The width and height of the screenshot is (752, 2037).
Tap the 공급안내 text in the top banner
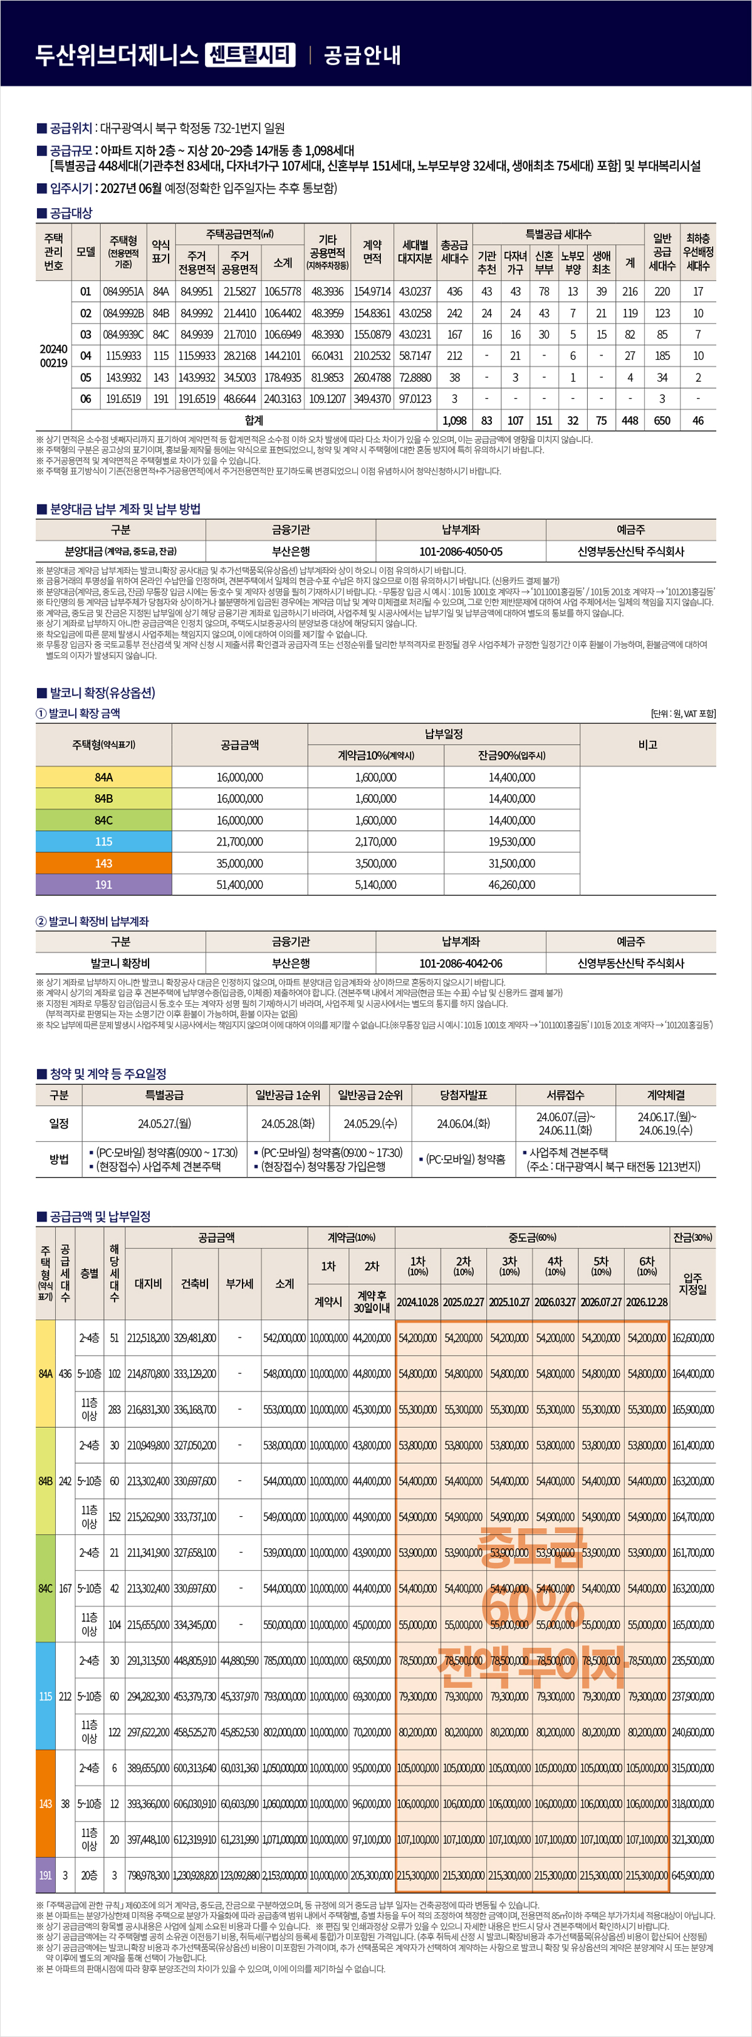[x=362, y=55]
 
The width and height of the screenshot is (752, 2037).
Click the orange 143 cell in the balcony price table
[x=103, y=862]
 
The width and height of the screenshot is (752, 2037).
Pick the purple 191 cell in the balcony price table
[x=103, y=884]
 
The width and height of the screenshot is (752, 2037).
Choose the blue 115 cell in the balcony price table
[x=103, y=841]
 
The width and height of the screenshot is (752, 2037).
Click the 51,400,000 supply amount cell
[x=239, y=884]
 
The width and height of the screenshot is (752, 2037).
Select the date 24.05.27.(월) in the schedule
[x=164, y=1123]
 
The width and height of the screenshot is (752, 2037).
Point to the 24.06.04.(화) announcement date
[x=463, y=1123]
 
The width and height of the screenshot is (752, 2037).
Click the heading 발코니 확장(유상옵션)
[x=102, y=693]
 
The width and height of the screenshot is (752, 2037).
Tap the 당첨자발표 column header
[x=463, y=1095]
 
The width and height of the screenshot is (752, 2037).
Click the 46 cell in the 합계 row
[x=697, y=421]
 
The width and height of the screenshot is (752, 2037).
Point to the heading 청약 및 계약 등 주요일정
[x=108, y=1073]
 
